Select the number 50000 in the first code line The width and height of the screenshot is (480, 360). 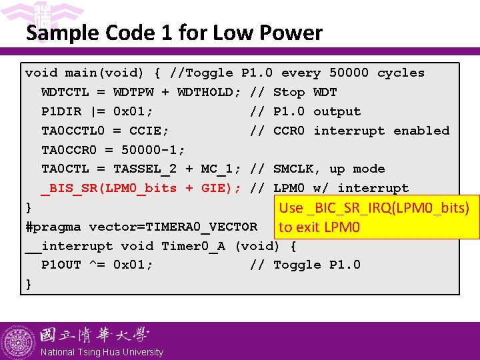pyautogui.click(x=349, y=73)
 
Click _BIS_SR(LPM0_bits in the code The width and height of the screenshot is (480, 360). pyautogui.click(x=109, y=188)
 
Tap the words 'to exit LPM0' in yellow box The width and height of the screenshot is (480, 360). pyautogui.click(x=319, y=227)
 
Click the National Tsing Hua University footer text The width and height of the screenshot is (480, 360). pyautogui.click(x=102, y=352)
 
